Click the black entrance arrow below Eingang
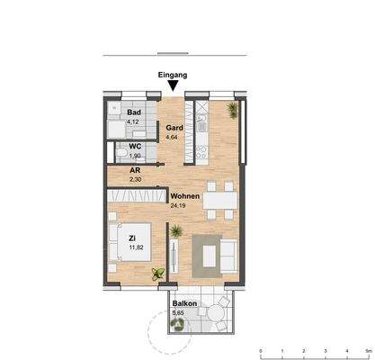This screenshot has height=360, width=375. pyautogui.click(x=173, y=86)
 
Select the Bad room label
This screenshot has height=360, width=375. pyautogui.click(x=133, y=112)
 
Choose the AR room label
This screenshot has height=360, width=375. pyautogui.click(x=134, y=170)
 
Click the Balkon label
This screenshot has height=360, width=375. pyautogui.click(x=183, y=304)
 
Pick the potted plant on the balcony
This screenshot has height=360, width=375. pyautogui.click(x=179, y=325)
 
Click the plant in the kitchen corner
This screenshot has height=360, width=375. pyautogui.click(x=234, y=109)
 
